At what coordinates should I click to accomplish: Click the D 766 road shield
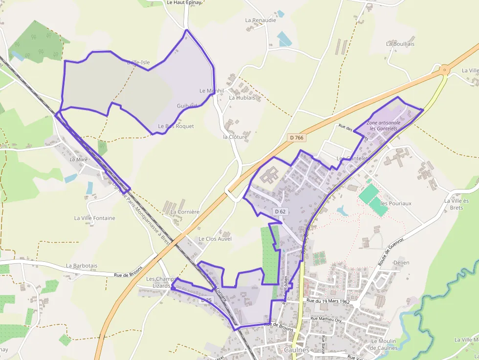(296, 138)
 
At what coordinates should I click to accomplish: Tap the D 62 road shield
(280, 212)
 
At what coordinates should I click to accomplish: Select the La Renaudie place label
(261, 21)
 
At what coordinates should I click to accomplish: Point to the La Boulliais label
(400, 44)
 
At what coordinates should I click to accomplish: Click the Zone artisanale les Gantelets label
(382, 126)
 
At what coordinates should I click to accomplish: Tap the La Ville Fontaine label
(95, 218)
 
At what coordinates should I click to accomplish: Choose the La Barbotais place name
(82, 266)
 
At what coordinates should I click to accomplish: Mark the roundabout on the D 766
(444, 70)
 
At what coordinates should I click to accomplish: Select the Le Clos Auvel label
(215, 239)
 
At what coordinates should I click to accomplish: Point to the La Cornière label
(185, 212)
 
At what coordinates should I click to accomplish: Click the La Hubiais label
(242, 98)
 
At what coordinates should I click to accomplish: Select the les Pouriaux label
(396, 203)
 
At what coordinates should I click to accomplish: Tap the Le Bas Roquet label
(176, 126)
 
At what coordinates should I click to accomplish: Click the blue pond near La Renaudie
(284, 39)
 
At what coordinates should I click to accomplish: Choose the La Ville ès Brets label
(457, 204)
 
